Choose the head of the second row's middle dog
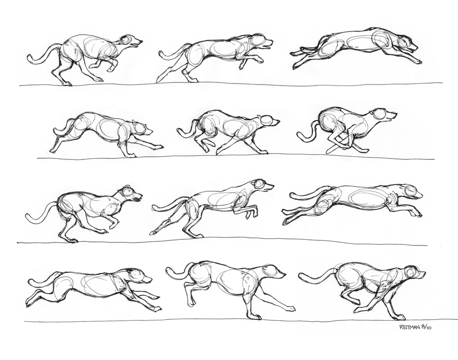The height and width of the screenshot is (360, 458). tap(268, 121)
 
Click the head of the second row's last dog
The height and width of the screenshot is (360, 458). tap(382, 115)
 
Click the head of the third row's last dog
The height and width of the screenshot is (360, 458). tap(411, 191)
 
